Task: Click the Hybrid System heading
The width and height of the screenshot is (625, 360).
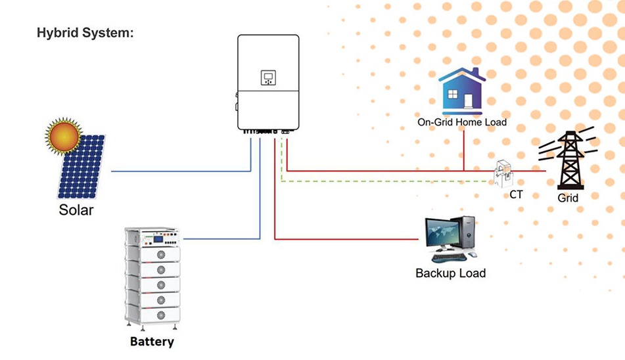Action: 85,33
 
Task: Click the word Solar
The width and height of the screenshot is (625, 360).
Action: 76,211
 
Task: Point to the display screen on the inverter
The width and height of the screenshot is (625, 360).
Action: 268,78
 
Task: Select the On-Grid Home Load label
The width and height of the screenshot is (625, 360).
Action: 462,122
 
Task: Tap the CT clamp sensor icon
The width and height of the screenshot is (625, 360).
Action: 505,173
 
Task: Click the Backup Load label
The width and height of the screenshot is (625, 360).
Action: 450,273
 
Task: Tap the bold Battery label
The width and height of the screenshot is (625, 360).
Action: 152,342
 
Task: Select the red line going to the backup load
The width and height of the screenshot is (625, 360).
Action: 348,238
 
